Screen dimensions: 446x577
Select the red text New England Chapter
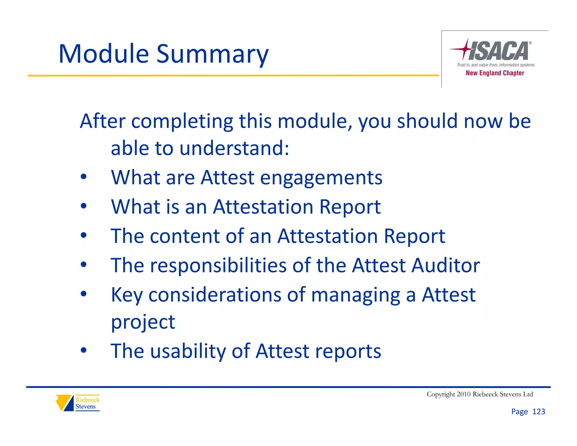point(495,73)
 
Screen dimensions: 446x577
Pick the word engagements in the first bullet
point(321,178)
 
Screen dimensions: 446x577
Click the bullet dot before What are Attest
point(83,177)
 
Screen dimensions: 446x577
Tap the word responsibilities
point(218,265)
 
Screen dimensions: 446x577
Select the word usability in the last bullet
point(188,351)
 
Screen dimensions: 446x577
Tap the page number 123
point(538,412)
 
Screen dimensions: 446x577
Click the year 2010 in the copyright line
point(463,394)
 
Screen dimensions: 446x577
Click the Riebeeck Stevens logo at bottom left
point(77,403)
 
